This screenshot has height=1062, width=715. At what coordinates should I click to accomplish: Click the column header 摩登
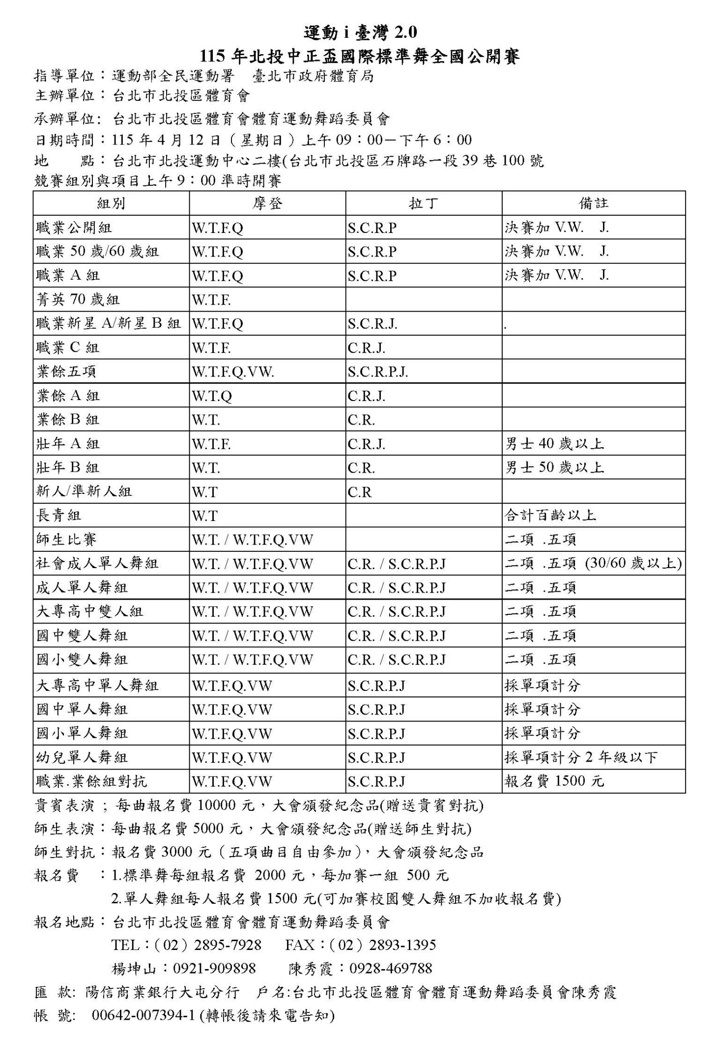click(267, 203)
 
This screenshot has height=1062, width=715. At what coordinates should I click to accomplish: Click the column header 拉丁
click(423, 203)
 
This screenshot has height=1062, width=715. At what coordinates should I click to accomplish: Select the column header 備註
click(593, 203)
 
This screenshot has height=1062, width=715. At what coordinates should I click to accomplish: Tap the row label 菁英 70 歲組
click(78, 299)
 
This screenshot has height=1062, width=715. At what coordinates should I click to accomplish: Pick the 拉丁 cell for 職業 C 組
click(367, 348)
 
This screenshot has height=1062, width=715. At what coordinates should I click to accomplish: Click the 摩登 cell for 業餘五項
click(233, 372)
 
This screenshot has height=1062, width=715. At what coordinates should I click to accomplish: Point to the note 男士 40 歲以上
click(554, 444)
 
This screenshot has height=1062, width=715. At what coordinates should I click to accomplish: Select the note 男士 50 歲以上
click(554, 468)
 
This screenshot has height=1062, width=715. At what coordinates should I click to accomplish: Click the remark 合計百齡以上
click(550, 516)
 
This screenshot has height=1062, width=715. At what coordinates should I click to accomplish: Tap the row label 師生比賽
click(67, 540)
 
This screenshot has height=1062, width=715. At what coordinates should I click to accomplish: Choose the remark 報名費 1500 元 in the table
click(554, 781)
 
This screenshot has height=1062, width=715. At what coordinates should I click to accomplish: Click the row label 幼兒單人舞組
click(82, 757)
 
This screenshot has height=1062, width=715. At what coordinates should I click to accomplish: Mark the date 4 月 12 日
click(188, 140)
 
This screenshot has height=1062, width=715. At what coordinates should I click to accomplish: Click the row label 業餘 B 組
click(68, 420)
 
